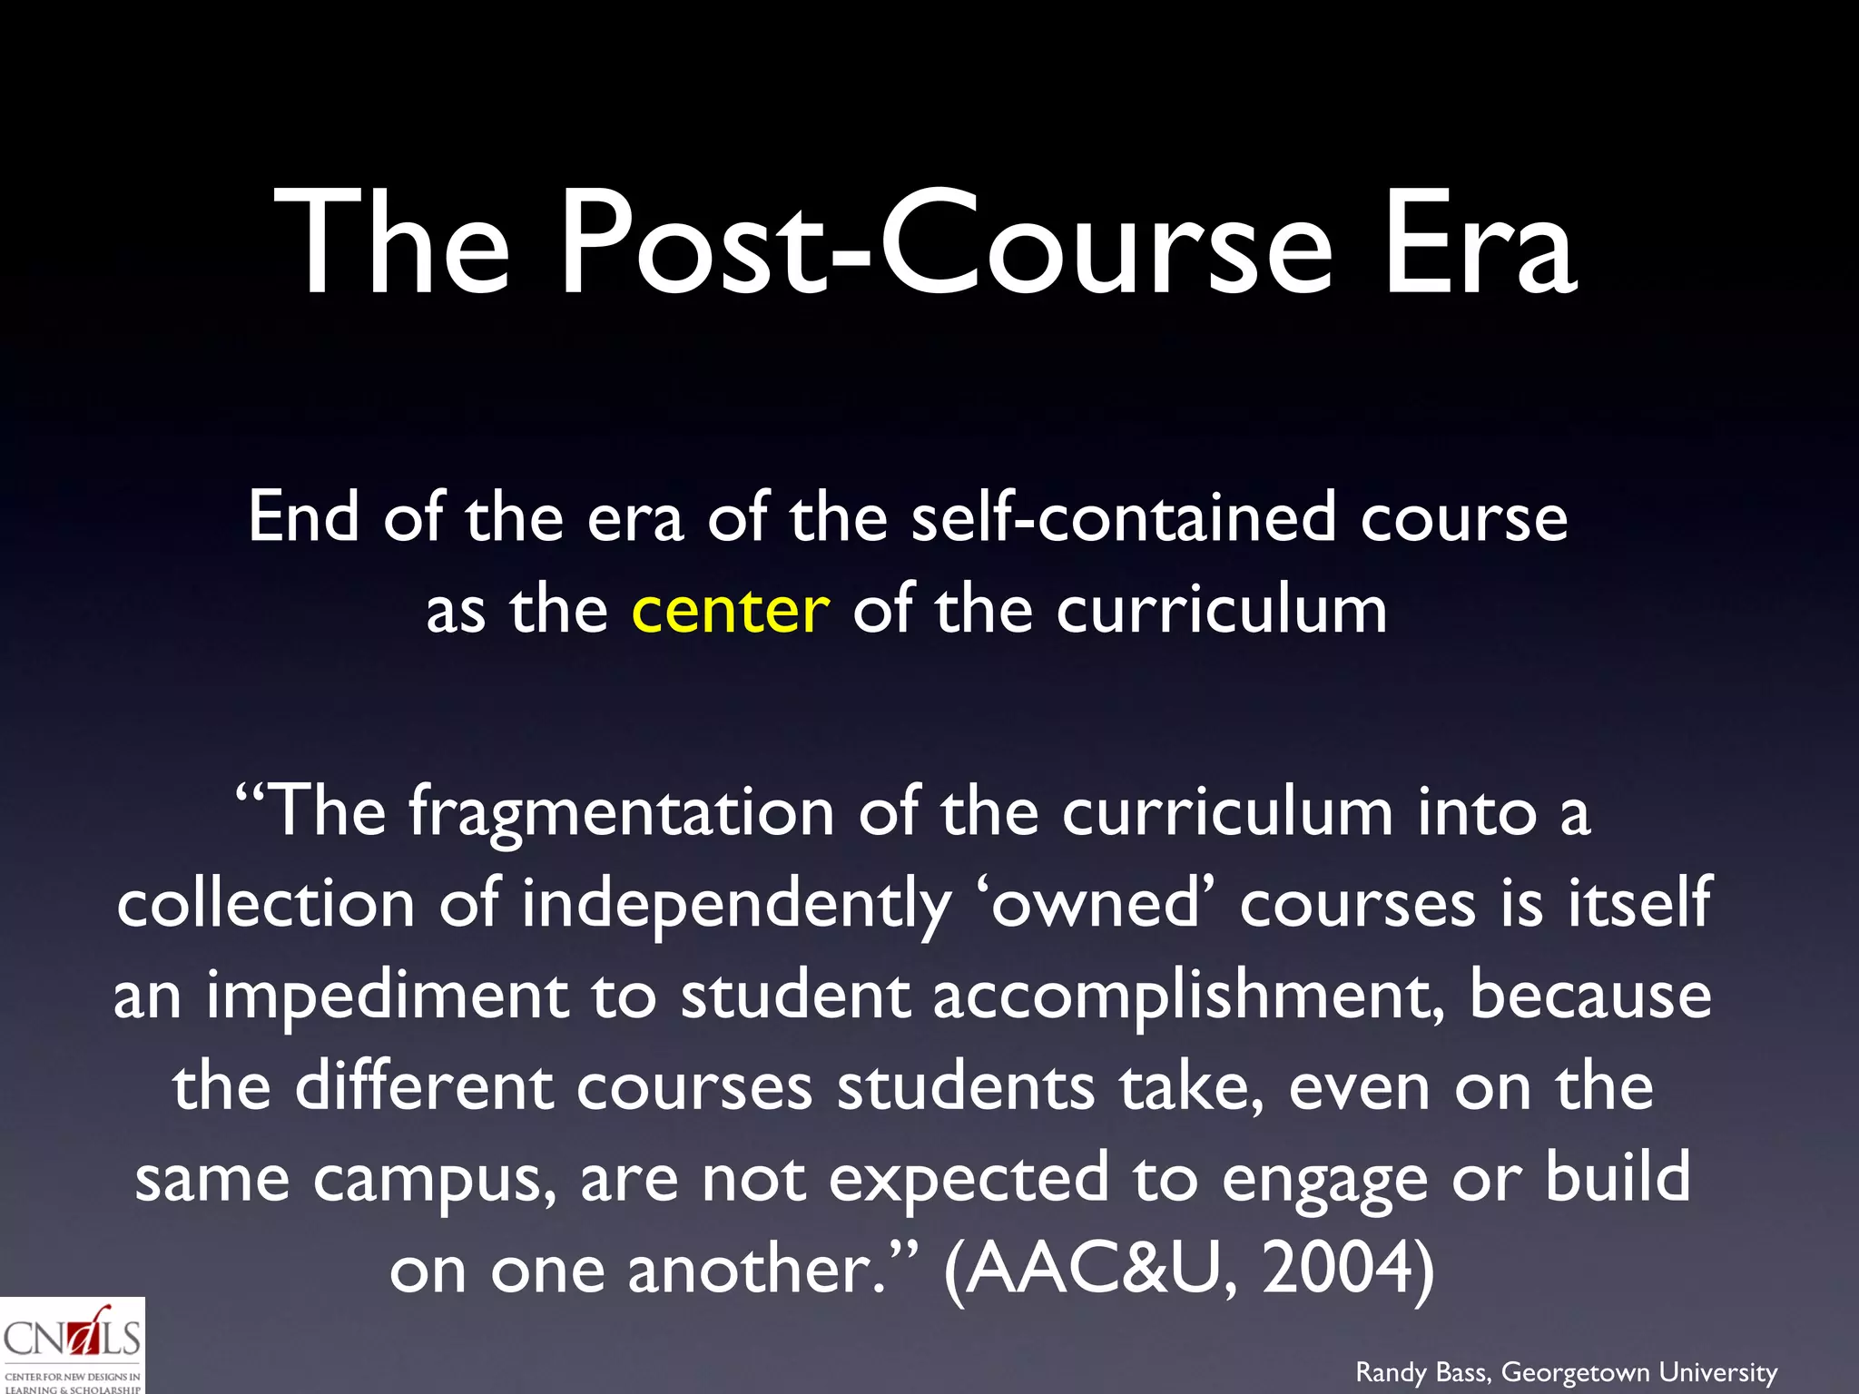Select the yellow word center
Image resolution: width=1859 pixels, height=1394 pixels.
(730, 610)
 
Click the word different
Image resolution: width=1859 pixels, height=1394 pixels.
(424, 1086)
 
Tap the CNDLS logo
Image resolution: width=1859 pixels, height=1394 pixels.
(72, 1345)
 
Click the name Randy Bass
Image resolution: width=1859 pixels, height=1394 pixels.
(1422, 1372)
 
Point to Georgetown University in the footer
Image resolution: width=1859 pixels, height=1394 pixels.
(1639, 1372)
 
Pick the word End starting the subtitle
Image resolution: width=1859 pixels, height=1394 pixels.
(303, 517)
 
